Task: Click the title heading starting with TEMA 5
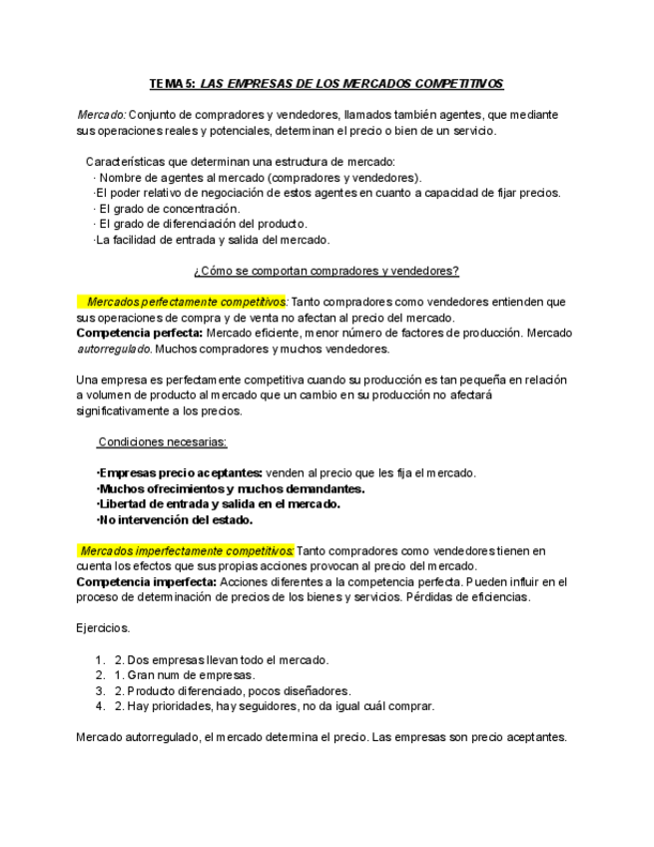(327, 85)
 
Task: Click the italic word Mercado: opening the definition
(101, 115)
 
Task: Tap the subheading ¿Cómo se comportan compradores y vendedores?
(327, 270)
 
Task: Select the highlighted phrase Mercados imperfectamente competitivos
(186, 550)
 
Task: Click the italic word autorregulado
(114, 349)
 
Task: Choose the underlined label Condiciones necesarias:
(162, 442)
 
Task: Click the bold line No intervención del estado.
(175, 519)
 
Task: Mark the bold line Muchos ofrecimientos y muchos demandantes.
(230, 488)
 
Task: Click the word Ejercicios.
(102, 628)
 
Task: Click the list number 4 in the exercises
(100, 707)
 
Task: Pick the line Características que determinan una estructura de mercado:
(240, 161)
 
